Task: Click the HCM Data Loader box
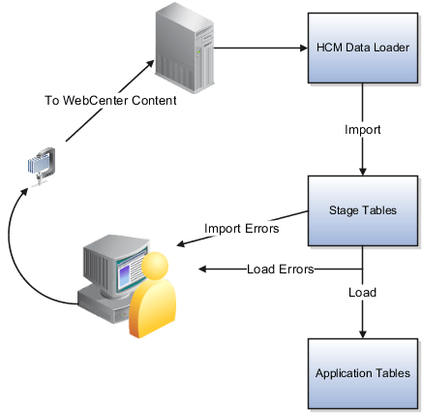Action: click(363, 48)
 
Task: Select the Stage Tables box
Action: click(363, 209)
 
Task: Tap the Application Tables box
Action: click(363, 372)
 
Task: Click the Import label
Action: click(362, 128)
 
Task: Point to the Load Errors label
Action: click(281, 270)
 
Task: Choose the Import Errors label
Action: click(241, 229)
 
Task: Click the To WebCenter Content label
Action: click(110, 100)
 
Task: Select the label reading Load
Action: click(362, 290)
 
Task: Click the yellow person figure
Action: click(156, 296)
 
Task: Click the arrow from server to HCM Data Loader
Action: click(256, 48)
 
